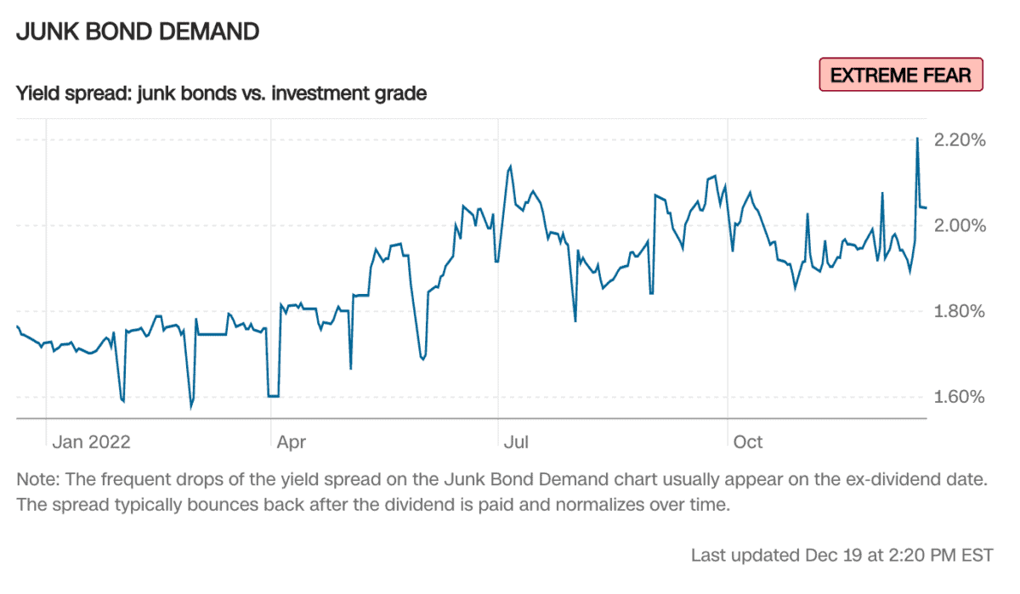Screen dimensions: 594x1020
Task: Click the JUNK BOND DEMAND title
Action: click(138, 32)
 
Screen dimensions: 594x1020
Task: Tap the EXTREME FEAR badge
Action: click(900, 75)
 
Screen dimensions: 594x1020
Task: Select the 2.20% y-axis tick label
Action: click(959, 140)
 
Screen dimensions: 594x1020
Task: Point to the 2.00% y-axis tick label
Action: click(959, 226)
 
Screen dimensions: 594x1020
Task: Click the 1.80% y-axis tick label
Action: click(959, 312)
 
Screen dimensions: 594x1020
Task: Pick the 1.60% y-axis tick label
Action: click(959, 398)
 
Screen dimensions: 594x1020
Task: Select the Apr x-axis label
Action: click(292, 442)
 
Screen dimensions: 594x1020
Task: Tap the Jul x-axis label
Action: click(516, 442)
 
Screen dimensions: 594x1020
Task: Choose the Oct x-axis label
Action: click(748, 442)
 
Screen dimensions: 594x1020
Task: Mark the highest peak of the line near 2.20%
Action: click(917, 138)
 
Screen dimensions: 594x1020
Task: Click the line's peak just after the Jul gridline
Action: click(510, 167)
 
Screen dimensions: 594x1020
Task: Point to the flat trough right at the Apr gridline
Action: click(273, 395)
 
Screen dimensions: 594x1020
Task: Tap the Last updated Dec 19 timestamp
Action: click(841, 556)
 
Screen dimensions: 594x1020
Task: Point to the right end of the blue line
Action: click(926, 207)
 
